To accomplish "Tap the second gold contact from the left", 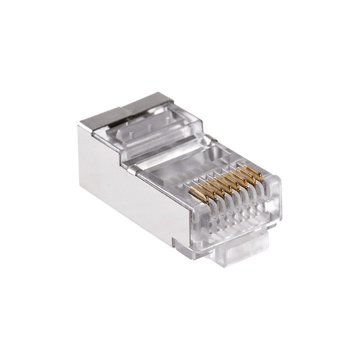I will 204,189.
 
